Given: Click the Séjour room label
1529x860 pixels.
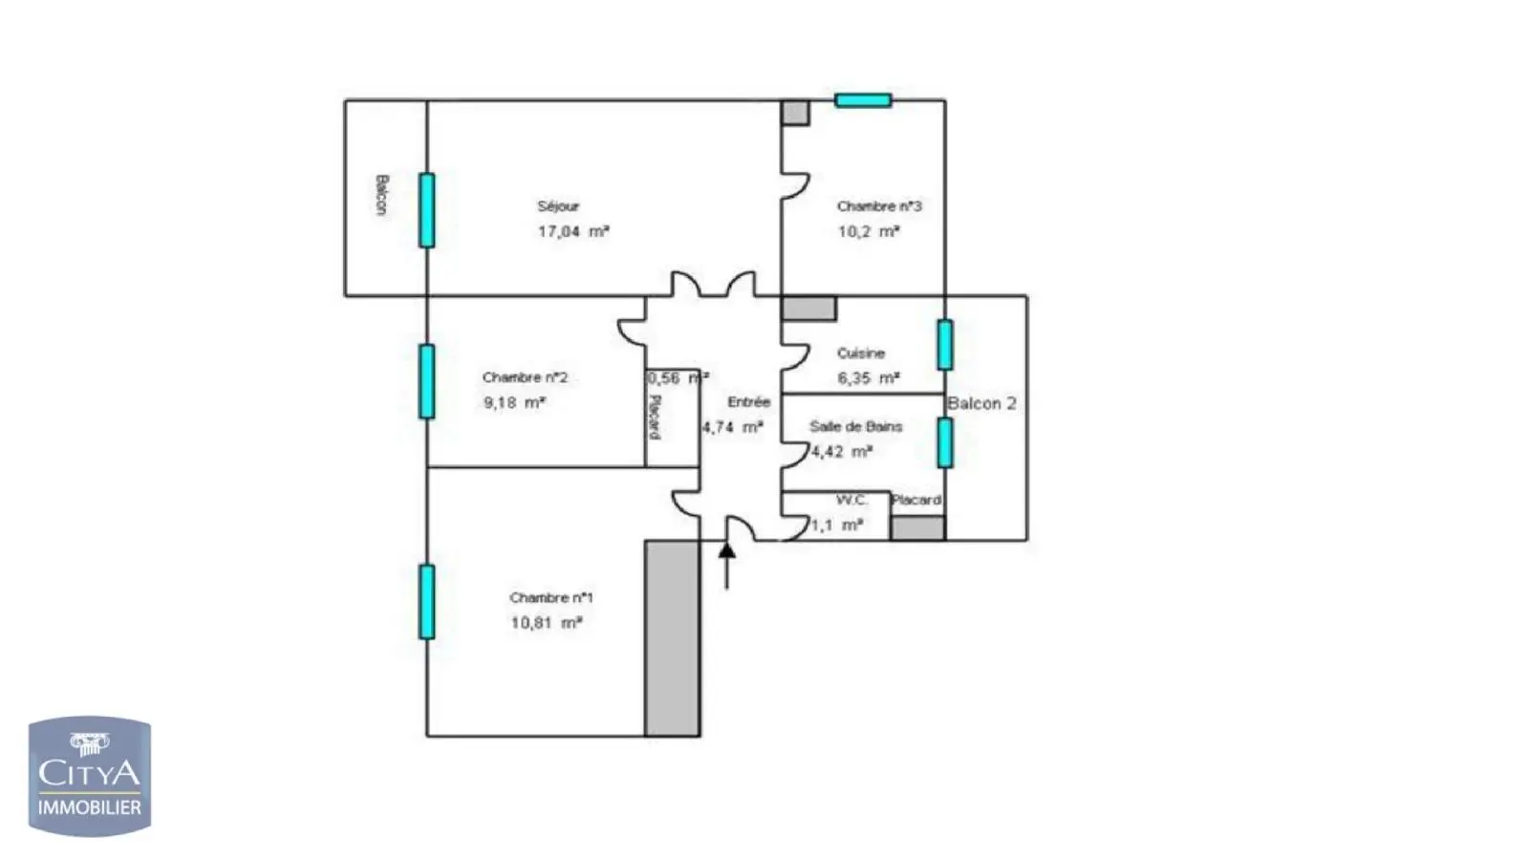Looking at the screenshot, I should [x=558, y=206].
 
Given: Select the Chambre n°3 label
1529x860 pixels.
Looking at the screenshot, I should [x=879, y=206].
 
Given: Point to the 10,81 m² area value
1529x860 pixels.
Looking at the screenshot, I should [x=546, y=623].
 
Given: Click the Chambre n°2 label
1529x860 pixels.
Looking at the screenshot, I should [x=525, y=377].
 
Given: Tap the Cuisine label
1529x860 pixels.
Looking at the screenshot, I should [x=861, y=354].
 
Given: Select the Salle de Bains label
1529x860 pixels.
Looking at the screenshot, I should [x=855, y=427].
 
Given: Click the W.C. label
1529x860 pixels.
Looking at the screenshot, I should [x=851, y=501].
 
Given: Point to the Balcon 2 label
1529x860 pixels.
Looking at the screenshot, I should [x=981, y=403].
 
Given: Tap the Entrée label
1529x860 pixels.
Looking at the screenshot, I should [x=748, y=402].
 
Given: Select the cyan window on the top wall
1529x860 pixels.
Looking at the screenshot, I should [x=863, y=100].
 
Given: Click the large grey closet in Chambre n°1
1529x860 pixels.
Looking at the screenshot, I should [x=673, y=638].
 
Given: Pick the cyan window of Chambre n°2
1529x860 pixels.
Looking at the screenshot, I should [x=427, y=381].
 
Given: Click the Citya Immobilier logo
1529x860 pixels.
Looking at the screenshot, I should [x=90, y=777].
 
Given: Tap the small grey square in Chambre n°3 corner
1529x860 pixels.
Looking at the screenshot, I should [x=796, y=113].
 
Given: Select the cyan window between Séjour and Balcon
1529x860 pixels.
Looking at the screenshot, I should [x=427, y=210].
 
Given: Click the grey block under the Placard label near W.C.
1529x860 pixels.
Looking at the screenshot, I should [x=918, y=528].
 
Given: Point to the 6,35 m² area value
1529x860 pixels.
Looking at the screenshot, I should [x=868, y=378].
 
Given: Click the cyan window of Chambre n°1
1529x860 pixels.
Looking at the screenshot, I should [x=427, y=602].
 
